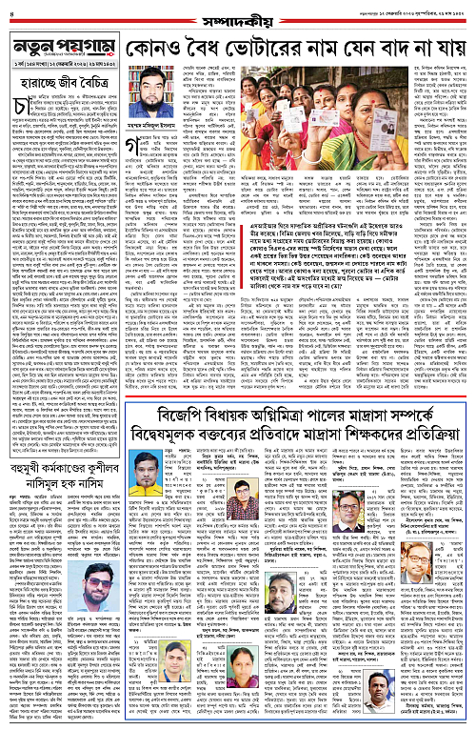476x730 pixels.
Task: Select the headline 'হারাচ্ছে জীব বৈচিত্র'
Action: (x=62, y=84)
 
